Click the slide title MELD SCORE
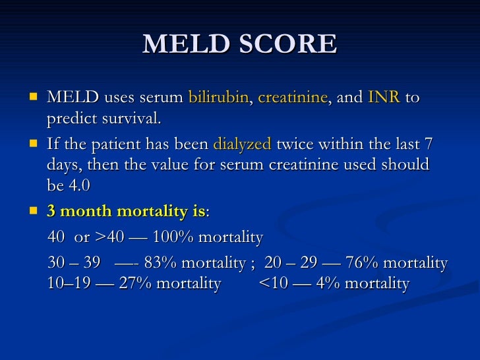pos(239,44)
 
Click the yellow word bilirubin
pos(218,98)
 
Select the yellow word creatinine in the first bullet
pos(292,98)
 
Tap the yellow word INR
pos(384,98)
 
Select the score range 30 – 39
pos(75,264)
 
